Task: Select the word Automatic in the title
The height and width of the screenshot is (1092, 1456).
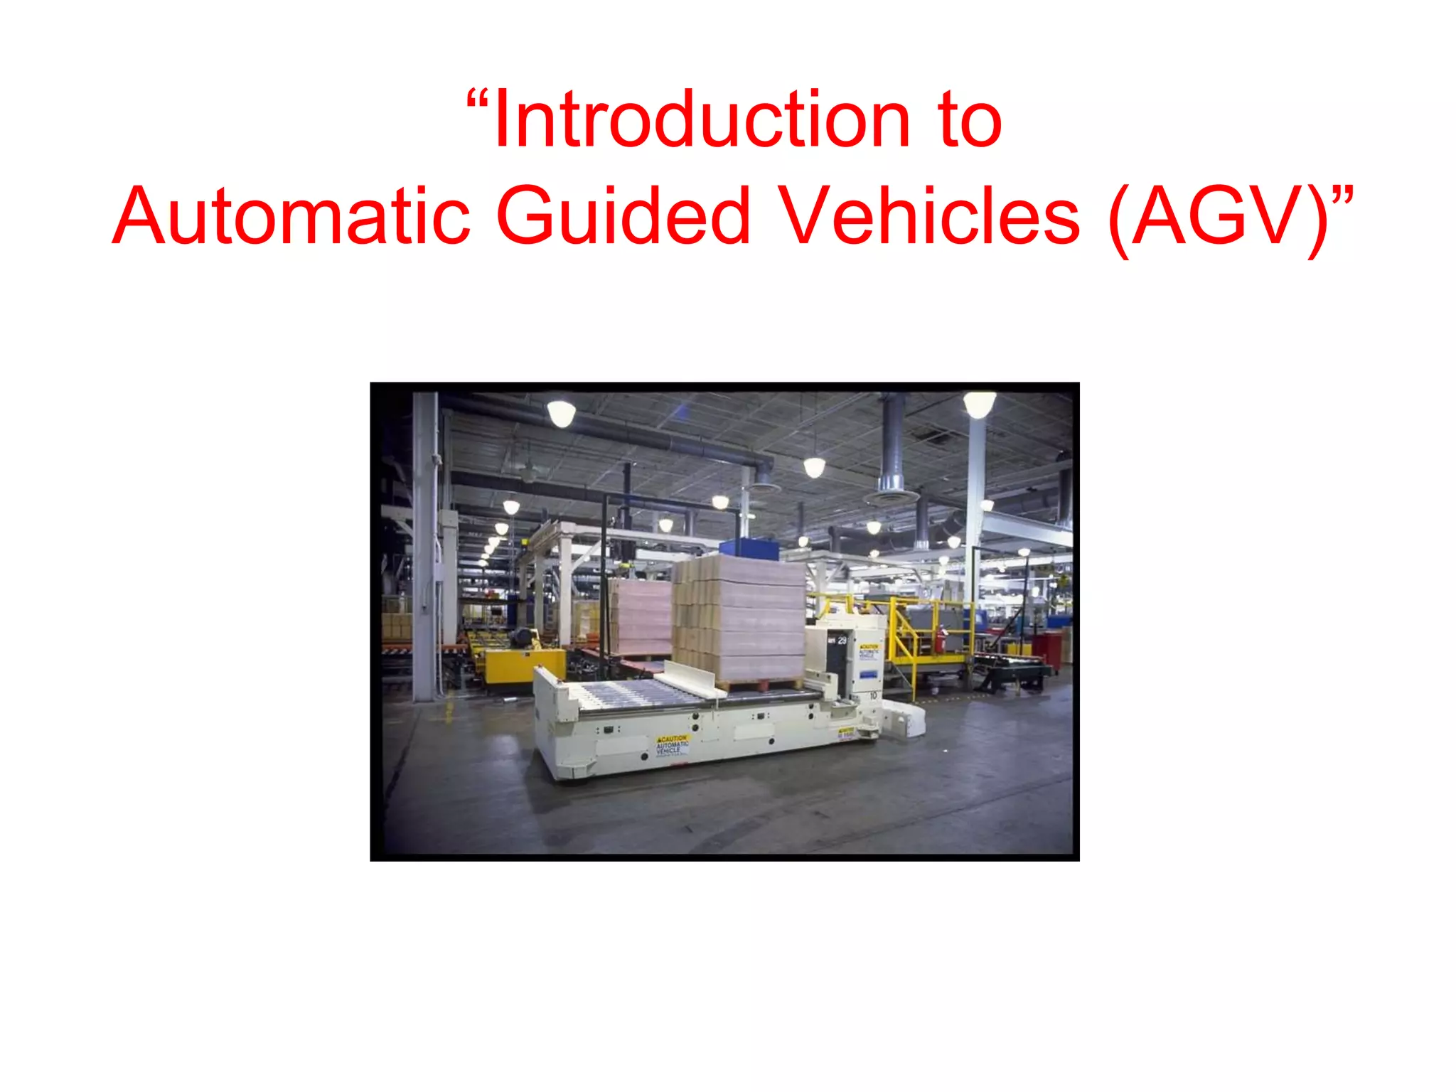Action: coord(291,216)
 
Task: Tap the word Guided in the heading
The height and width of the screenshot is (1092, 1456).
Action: coord(623,216)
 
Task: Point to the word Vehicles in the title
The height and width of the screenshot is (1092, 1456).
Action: coord(928,216)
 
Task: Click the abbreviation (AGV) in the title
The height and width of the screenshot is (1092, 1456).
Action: coord(1219,218)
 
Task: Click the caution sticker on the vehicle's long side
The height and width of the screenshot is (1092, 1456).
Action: coord(672,746)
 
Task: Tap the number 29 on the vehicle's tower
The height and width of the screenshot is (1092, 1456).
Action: coord(842,641)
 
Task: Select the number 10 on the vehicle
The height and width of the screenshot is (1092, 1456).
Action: coord(874,695)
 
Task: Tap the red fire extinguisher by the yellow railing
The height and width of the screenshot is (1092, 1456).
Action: coord(943,638)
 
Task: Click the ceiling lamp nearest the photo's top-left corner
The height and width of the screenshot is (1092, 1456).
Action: coord(561,413)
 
